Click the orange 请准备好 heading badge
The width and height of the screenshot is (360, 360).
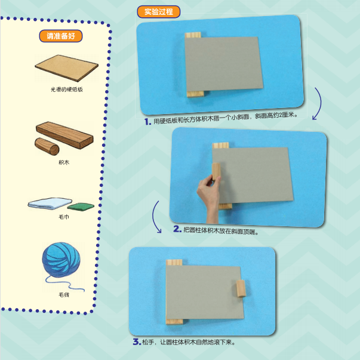[x=61, y=36]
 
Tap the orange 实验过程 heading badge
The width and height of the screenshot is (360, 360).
[x=159, y=12]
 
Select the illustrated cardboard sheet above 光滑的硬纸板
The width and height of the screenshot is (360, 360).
[x=67, y=68]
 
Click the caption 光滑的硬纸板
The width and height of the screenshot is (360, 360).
[x=67, y=90]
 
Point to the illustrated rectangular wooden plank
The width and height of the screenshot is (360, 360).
[x=64, y=135]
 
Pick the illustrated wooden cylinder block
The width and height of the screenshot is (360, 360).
[x=47, y=146]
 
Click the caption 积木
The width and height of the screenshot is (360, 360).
[x=64, y=162]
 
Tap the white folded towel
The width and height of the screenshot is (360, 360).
[x=50, y=203]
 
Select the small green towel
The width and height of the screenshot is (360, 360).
[x=81, y=206]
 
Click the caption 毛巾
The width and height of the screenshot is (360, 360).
[x=64, y=217]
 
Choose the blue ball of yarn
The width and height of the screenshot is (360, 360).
[x=61, y=260]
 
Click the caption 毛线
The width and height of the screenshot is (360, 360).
[x=64, y=294]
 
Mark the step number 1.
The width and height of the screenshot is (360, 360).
[x=147, y=121]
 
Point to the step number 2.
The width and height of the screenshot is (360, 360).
[x=177, y=229]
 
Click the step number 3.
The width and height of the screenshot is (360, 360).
[x=137, y=342]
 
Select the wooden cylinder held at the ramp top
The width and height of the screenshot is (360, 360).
[x=216, y=171]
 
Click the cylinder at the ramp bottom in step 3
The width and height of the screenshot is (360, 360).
[x=241, y=288]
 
